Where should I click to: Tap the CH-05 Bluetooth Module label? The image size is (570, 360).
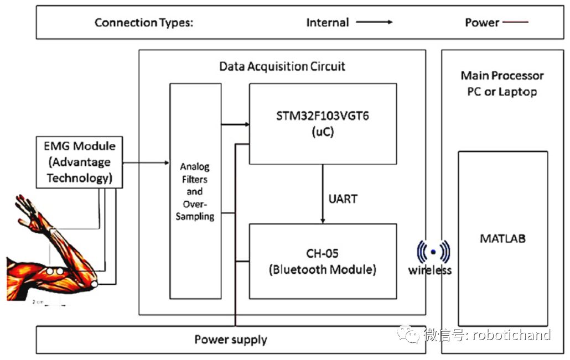click(323, 262)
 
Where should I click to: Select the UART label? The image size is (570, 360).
click(343, 199)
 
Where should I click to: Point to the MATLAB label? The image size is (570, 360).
click(502, 239)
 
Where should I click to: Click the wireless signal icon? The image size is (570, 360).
click(433, 252)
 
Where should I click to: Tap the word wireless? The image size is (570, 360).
click(429, 270)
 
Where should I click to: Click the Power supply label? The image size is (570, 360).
click(230, 340)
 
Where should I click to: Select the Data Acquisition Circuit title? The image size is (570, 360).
click(282, 66)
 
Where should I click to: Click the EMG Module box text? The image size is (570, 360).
click(79, 162)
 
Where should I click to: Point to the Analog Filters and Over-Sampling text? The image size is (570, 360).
click(195, 191)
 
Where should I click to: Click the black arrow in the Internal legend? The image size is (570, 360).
click(374, 22)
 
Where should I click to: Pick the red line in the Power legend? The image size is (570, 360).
click(515, 22)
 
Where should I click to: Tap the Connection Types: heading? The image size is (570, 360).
click(144, 23)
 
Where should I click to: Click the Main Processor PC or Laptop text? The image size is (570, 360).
click(502, 84)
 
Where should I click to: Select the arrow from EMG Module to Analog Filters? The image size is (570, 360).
click(146, 163)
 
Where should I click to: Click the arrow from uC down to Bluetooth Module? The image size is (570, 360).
click(323, 194)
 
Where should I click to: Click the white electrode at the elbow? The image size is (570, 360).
click(94, 284)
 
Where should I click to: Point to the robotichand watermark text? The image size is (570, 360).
click(511, 335)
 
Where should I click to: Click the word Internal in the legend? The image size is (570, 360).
click(328, 23)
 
